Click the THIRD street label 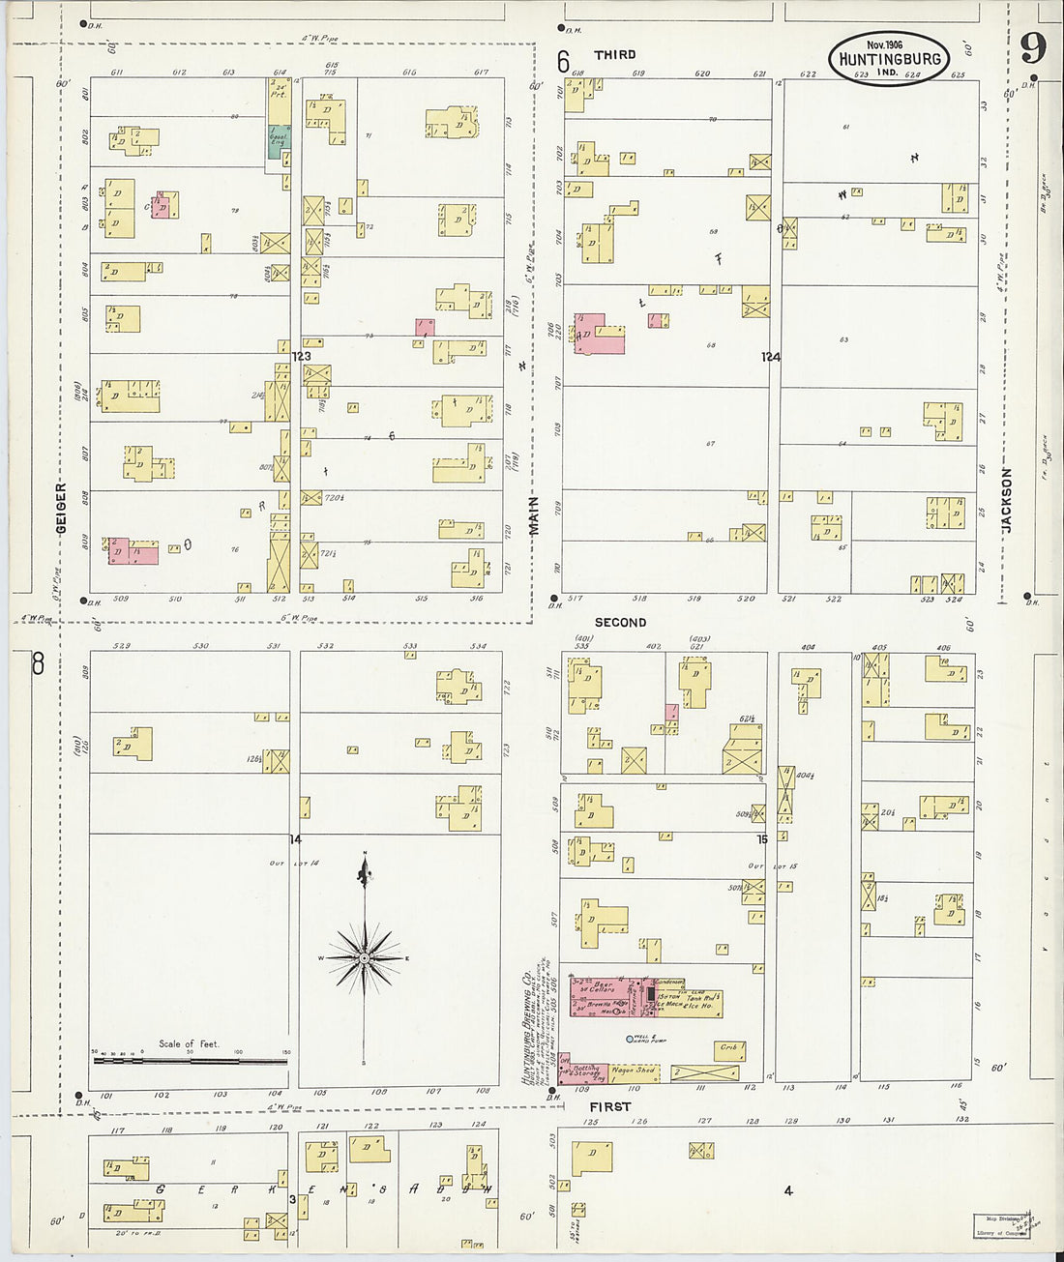pyautogui.click(x=615, y=55)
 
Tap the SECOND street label pyautogui.click(x=620, y=623)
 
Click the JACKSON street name pyautogui.click(x=1007, y=501)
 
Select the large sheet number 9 pyautogui.click(x=1033, y=47)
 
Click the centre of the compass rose pyautogui.click(x=365, y=957)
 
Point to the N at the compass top pyautogui.click(x=365, y=853)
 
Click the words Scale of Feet pyautogui.click(x=190, y=1044)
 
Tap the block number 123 pyautogui.click(x=302, y=357)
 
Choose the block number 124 pyautogui.click(x=770, y=357)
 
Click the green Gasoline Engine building pyautogui.click(x=279, y=141)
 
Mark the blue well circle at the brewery pyautogui.click(x=630, y=1039)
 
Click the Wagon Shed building pyautogui.click(x=634, y=1071)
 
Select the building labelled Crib pyautogui.click(x=727, y=1047)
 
